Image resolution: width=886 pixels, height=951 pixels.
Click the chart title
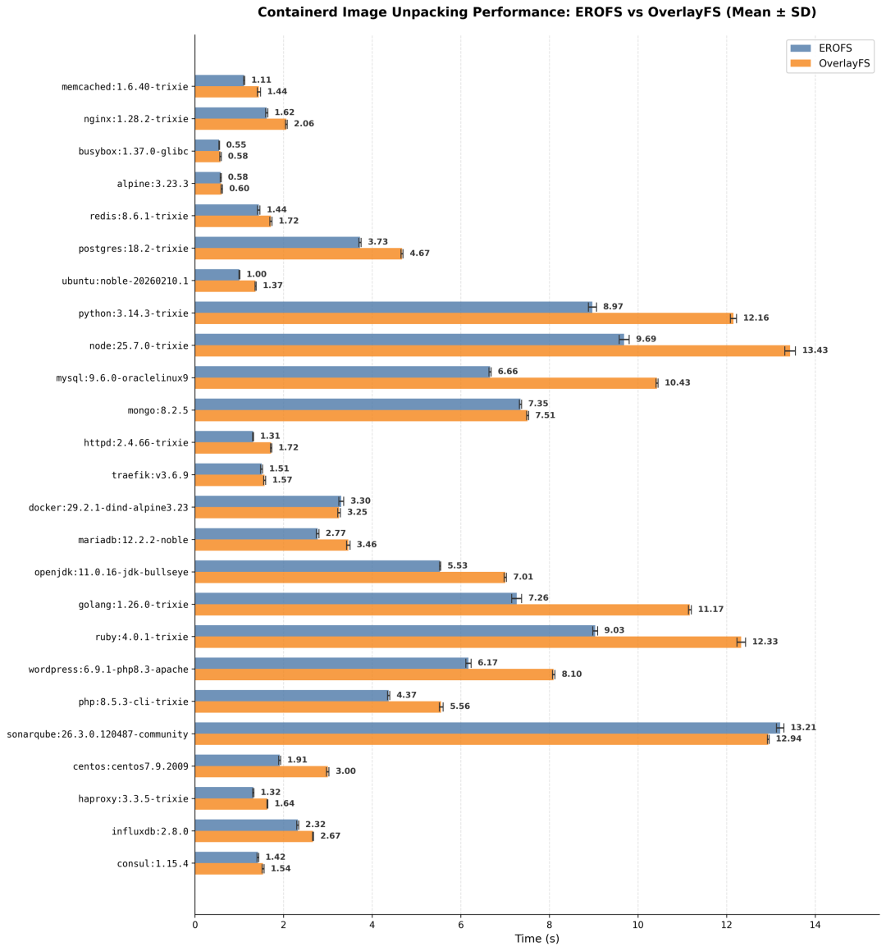pyautogui.click(x=537, y=12)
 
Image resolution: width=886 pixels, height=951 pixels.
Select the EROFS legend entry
pyautogui.click(x=822, y=48)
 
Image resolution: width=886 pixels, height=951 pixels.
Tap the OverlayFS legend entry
pyautogui.click(x=830, y=64)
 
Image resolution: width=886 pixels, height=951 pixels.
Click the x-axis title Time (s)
pyautogui.click(x=537, y=938)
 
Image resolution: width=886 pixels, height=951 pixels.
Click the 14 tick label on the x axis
pyautogui.click(x=815, y=925)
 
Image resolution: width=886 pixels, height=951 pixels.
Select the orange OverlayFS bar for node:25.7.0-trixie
pyautogui.click(x=492, y=350)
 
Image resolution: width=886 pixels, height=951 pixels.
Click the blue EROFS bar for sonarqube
pyautogui.click(x=487, y=728)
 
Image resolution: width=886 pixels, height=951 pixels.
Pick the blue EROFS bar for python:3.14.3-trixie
pyautogui.click(x=394, y=307)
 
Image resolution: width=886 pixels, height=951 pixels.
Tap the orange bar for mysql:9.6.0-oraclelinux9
pyautogui.click(x=426, y=383)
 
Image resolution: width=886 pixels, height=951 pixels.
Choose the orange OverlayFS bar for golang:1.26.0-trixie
pyautogui.click(x=442, y=610)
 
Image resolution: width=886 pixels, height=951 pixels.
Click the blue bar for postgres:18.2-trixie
pyautogui.click(x=278, y=243)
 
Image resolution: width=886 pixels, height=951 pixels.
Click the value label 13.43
pyautogui.click(x=815, y=350)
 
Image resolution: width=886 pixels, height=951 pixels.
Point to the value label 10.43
pyautogui.click(x=678, y=382)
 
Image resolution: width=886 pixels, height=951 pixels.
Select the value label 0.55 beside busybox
pyautogui.click(x=236, y=145)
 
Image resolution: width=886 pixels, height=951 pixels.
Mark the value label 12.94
pyautogui.click(x=789, y=738)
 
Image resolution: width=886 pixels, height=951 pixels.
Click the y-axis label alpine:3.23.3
pyautogui.click(x=153, y=184)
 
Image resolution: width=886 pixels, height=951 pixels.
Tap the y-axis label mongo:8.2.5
pyautogui.click(x=158, y=410)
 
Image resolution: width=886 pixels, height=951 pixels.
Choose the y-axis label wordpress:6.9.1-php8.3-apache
pyautogui.click(x=108, y=670)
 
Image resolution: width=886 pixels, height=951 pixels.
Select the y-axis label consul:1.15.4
pyautogui.click(x=153, y=864)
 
